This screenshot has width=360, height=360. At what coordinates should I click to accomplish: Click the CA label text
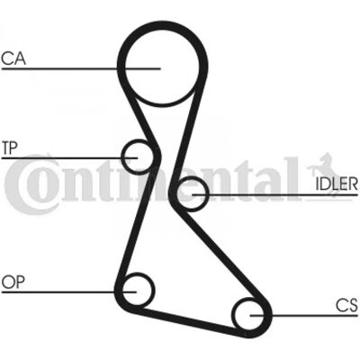click(13, 58)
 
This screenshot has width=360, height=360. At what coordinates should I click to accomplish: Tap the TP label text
click(10, 148)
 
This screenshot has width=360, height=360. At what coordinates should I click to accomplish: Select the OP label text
click(13, 282)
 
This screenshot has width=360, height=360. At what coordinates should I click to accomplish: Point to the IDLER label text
click(337, 184)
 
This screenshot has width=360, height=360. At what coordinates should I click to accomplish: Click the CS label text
click(346, 305)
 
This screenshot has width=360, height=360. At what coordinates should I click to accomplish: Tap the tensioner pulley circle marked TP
click(122, 157)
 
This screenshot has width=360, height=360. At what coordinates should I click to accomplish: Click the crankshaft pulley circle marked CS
click(234, 315)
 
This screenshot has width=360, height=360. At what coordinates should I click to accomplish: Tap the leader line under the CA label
click(81, 69)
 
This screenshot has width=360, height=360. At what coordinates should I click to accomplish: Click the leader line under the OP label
click(69, 292)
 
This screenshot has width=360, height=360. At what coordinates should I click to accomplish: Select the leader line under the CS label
click(304, 315)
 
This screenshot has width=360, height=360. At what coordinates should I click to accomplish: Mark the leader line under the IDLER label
click(275, 194)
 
